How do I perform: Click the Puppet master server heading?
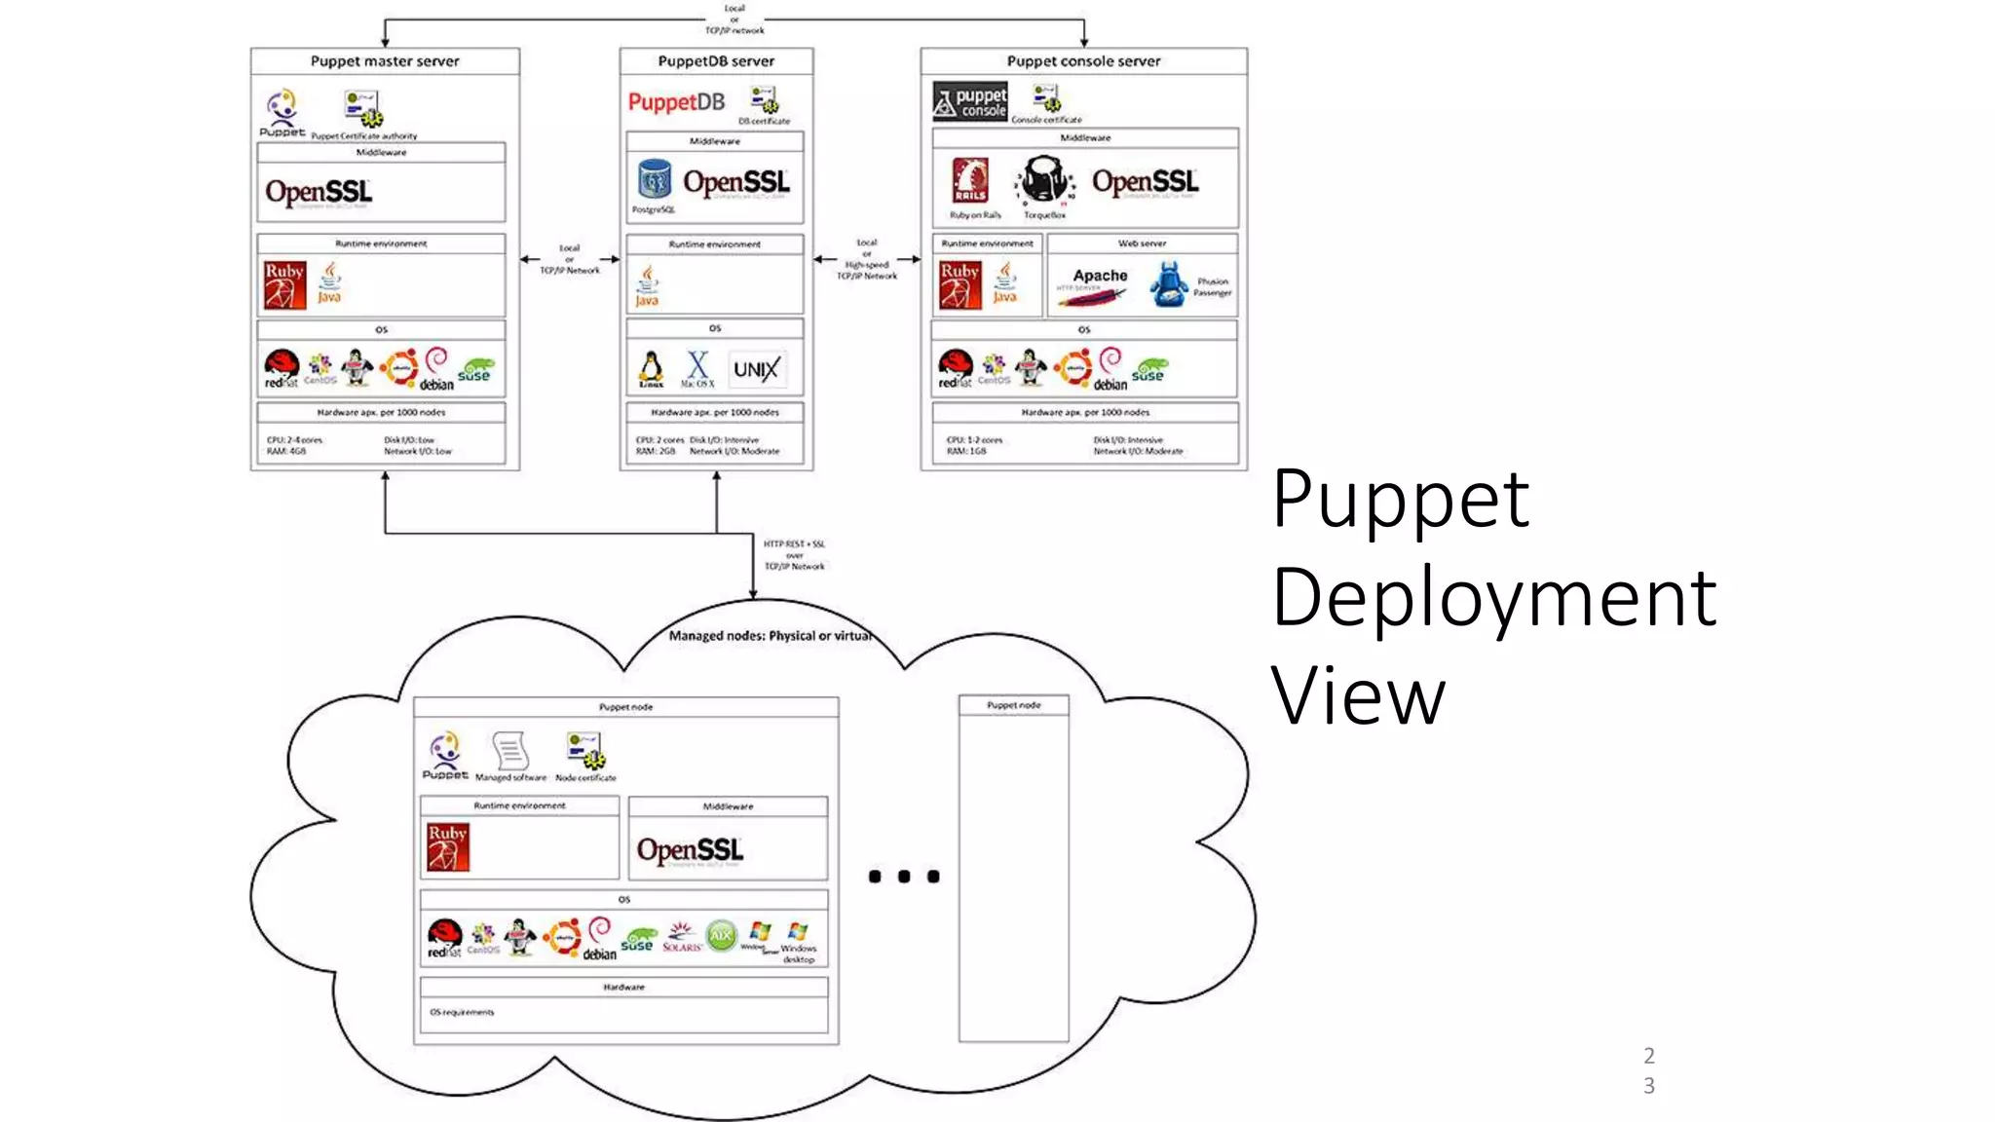(385, 60)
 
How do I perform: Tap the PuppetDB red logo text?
(676, 102)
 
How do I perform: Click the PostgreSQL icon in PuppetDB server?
(655, 181)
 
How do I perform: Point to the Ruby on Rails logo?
(970, 181)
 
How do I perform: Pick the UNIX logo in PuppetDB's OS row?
(756, 369)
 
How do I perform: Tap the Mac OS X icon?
(697, 366)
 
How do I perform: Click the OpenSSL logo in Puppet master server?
(319, 192)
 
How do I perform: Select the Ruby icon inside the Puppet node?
(448, 846)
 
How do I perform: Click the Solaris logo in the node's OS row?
(682, 936)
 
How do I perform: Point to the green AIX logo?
(721, 936)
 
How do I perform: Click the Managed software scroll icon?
(510, 751)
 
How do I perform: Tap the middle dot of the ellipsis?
(904, 877)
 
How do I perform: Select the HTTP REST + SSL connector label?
(794, 555)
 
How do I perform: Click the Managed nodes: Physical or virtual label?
(770, 636)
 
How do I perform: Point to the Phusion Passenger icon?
(1169, 284)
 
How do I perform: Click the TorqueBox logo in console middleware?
(1044, 181)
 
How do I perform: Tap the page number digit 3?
(1648, 1086)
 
